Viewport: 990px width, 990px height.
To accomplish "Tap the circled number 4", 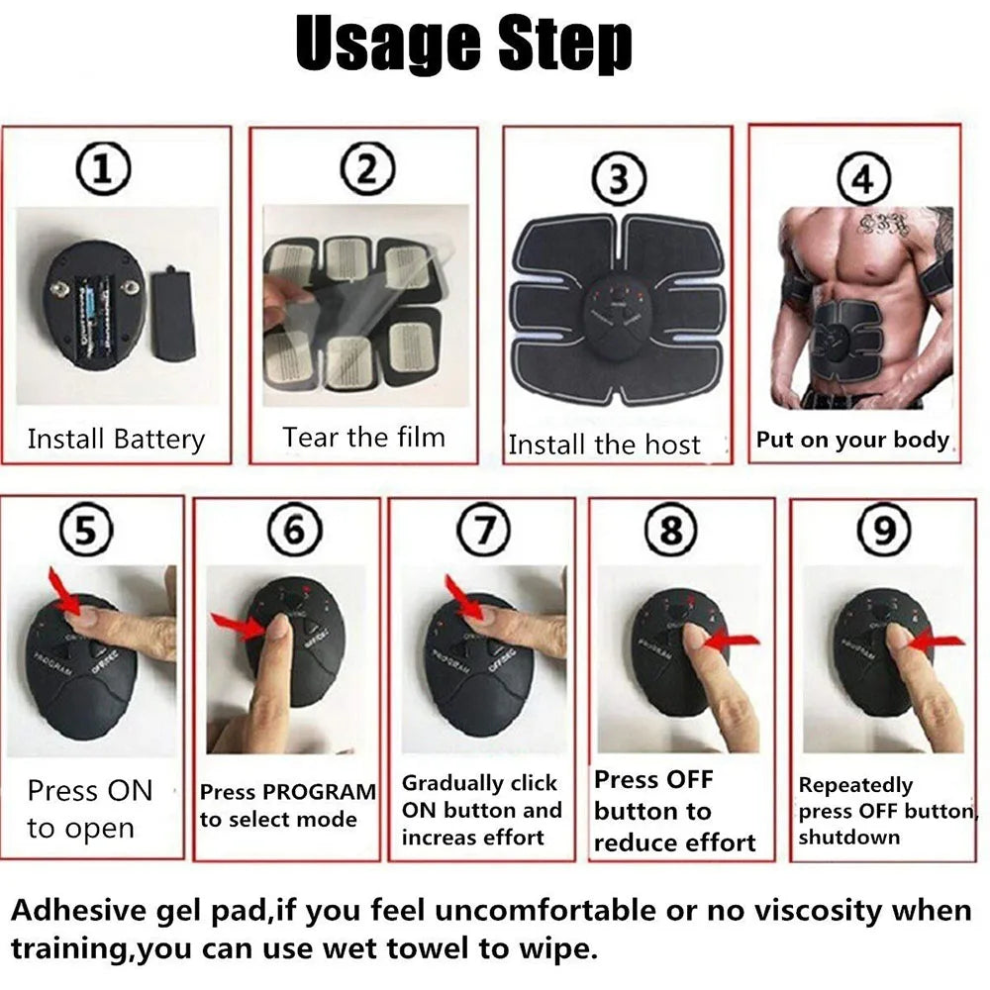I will click(x=863, y=180).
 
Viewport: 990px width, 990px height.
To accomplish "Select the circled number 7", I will click(x=482, y=532).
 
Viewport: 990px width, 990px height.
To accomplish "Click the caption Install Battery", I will click(x=116, y=439).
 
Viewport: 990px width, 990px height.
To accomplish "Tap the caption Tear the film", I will click(x=363, y=437).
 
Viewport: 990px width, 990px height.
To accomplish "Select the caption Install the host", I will click(x=604, y=445).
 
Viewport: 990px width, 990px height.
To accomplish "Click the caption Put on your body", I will click(x=852, y=440).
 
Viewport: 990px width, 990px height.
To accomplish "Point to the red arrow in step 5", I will click(x=68, y=593).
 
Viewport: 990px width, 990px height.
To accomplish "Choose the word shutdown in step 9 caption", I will click(x=836, y=838).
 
